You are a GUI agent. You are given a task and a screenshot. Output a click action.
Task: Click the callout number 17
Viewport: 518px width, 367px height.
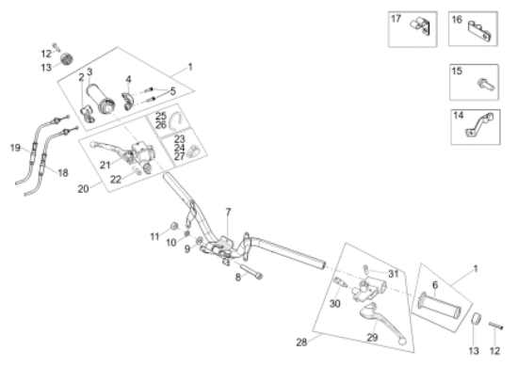tap(396, 19)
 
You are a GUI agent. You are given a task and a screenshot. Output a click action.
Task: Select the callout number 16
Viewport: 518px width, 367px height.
tap(457, 19)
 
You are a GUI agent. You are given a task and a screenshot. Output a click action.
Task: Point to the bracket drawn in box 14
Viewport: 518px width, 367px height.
tap(482, 126)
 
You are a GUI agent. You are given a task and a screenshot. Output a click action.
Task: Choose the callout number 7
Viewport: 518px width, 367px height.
tap(227, 211)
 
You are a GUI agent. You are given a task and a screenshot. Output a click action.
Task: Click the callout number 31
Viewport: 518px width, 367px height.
tap(394, 274)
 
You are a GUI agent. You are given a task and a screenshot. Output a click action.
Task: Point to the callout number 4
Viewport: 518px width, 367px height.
tap(127, 80)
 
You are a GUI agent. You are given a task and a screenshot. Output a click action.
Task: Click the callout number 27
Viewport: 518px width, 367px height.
tap(179, 156)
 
